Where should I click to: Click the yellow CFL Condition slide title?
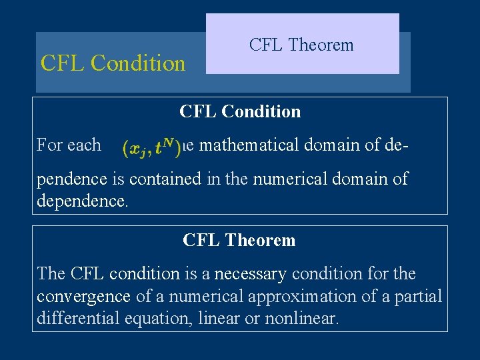[x=113, y=63]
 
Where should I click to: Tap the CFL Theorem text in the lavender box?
[x=301, y=45]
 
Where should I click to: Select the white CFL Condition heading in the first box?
[x=240, y=111]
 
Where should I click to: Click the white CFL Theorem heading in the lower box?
[x=239, y=240]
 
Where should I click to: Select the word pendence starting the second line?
[x=71, y=179]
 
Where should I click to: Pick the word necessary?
[x=244, y=274]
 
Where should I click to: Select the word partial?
[x=420, y=296]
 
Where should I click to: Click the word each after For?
[x=87, y=145]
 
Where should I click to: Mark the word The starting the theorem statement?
[x=51, y=274]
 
